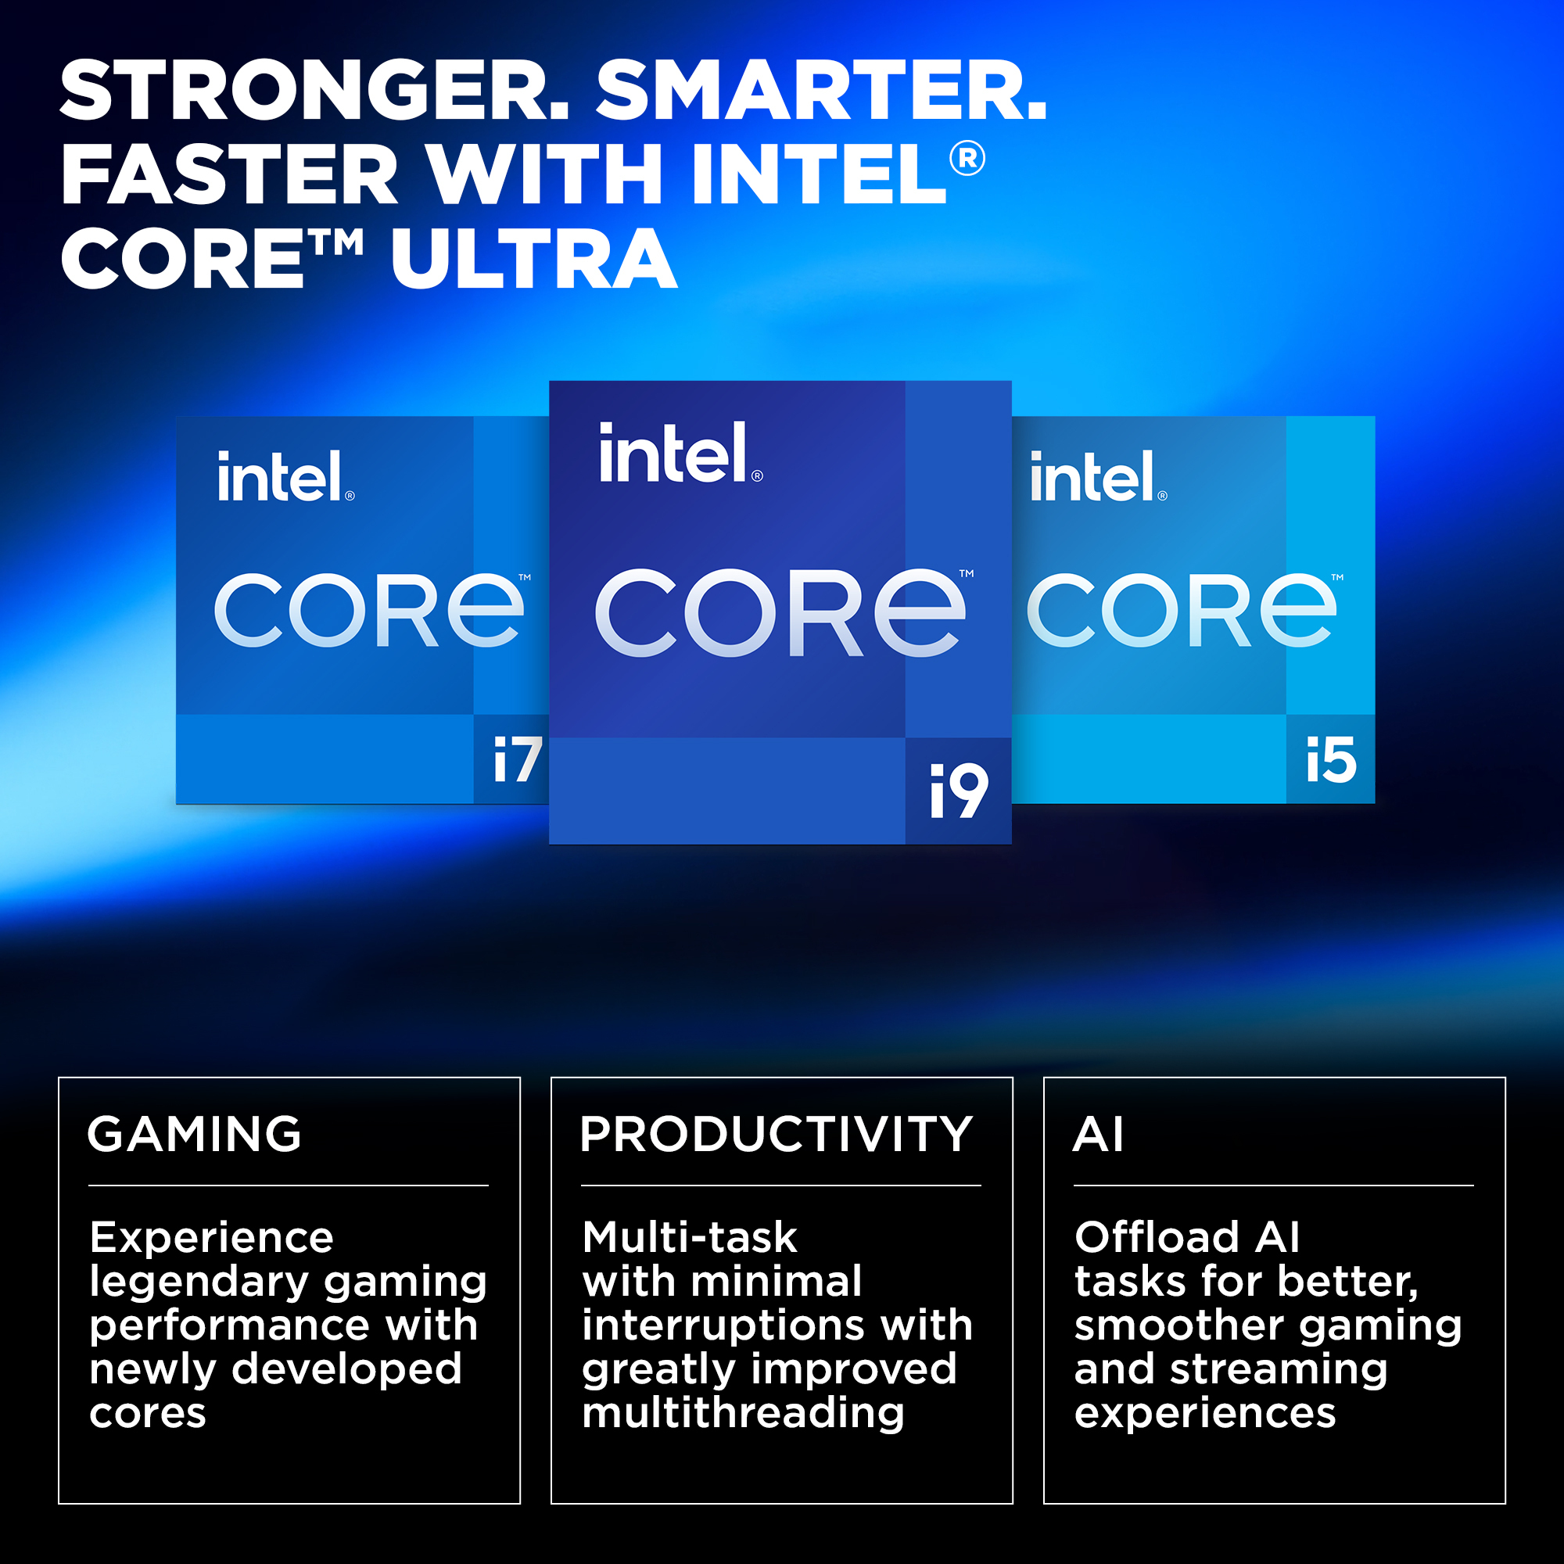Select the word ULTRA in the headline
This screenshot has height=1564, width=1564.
533,258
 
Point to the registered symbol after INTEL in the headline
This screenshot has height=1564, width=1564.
967,158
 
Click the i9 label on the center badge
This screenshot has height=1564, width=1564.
960,791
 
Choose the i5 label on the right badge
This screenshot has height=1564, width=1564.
1331,760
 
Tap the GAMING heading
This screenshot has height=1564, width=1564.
194,1133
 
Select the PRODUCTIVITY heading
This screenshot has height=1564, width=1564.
776,1133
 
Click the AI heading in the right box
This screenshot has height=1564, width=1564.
1099,1133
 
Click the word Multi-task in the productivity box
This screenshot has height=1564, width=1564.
690,1238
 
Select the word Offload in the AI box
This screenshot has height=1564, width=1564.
1157,1238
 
